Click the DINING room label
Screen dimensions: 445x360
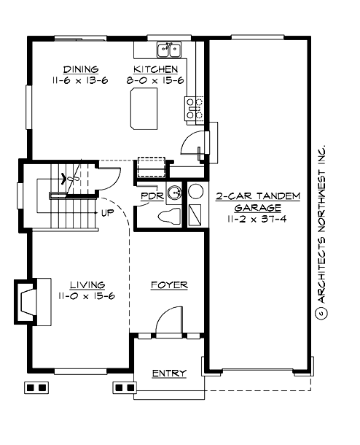point(81,69)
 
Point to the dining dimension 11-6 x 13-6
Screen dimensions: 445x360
point(81,80)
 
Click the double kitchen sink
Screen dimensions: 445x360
point(169,50)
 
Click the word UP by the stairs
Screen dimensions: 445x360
point(107,214)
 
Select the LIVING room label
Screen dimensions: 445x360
point(86,284)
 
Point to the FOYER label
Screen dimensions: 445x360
point(169,285)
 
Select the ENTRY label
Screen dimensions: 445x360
point(168,374)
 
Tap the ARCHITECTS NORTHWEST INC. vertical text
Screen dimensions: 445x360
point(318,219)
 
